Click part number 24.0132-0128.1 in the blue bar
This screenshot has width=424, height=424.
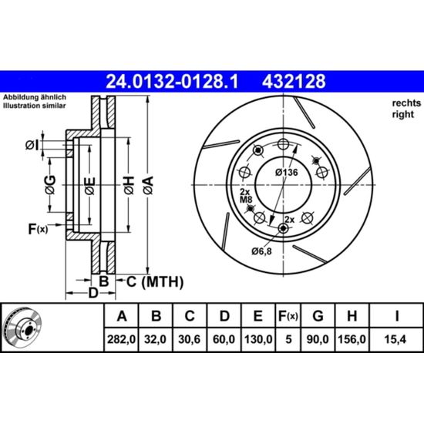pyautogui.click(x=172, y=82)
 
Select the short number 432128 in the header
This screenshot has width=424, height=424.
pyautogui.click(x=294, y=82)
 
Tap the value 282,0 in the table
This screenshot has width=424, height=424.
pyautogui.click(x=121, y=339)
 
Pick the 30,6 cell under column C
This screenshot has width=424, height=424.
pyautogui.click(x=190, y=339)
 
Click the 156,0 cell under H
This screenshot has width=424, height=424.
pyautogui.click(x=352, y=339)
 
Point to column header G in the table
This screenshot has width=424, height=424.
pyautogui.click(x=318, y=315)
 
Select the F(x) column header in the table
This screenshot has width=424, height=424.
pyautogui.click(x=288, y=316)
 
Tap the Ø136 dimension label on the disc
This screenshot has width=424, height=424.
pyautogui.click(x=287, y=172)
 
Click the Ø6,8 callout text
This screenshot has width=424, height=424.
pyautogui.click(x=261, y=251)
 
